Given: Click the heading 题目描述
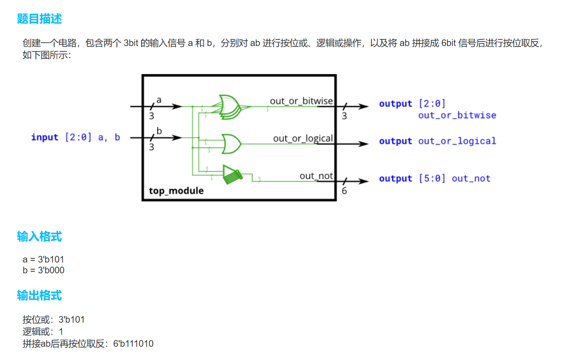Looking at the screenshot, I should [39, 19].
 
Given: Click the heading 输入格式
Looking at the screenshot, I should [39, 237].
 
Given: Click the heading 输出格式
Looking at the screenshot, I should [39, 296].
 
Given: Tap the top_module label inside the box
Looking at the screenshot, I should [176, 191].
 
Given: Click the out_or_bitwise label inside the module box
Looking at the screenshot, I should [301, 101].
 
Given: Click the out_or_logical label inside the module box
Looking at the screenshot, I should [303, 138].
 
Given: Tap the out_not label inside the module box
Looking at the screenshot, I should [316, 176].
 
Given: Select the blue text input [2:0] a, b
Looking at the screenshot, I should [76, 137].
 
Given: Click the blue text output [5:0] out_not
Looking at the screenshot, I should [435, 179].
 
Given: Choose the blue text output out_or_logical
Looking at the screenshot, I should [437, 141].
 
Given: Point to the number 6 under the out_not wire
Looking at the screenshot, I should [344, 191].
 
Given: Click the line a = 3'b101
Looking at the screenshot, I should [44, 260].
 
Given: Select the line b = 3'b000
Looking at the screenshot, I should [44, 270].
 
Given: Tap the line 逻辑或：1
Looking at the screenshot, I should [43, 332].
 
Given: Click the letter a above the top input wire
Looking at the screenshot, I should [159, 100].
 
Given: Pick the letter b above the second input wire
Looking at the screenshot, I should [159, 131].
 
